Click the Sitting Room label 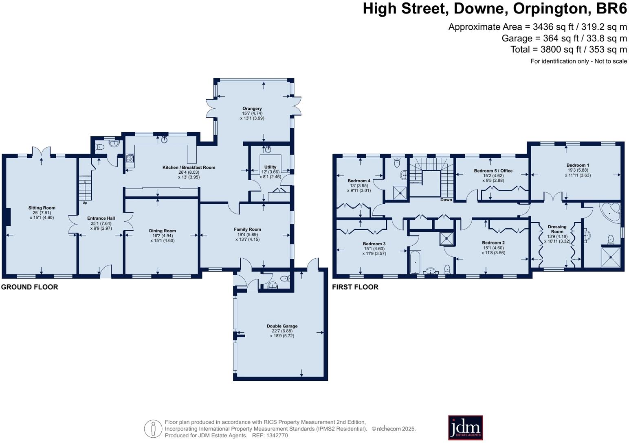[42, 208]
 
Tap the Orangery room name [252, 109]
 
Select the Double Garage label [282, 326]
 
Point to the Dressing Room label [557, 229]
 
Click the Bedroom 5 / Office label [493, 171]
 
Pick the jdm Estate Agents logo [465, 428]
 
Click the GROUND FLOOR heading [29, 287]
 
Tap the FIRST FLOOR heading [355, 287]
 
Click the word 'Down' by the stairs [446, 200]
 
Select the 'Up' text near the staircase [85, 203]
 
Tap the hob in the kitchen [130, 158]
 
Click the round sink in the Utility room [268, 149]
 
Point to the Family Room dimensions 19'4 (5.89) [247, 234]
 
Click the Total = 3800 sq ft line [568, 50]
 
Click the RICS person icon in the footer [153, 428]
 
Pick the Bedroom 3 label [374, 244]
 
